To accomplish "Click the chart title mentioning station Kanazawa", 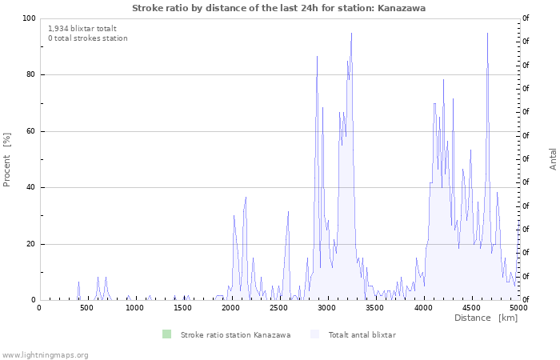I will pos(278,8).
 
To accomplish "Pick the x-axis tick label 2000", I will pos(231,307).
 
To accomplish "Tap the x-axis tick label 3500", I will pos(374,307).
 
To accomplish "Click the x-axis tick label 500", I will pos(87,307).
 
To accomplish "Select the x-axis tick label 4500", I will pos(470,307).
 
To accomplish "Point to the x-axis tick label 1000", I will pos(135,307).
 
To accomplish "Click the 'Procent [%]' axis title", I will pos(7,160).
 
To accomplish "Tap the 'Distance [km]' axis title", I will pos(486,318).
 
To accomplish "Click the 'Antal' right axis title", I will pos(553,158).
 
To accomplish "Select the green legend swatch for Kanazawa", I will pos(166,334).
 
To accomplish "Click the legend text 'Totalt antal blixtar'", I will pos(362,334).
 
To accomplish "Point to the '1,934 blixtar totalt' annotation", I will pos(82,28).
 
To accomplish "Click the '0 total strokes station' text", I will pos(87,38).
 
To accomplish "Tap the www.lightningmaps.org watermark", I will pos(45,354).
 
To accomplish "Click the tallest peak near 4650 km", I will pos(487,34).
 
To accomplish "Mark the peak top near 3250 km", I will pos(351,34).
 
